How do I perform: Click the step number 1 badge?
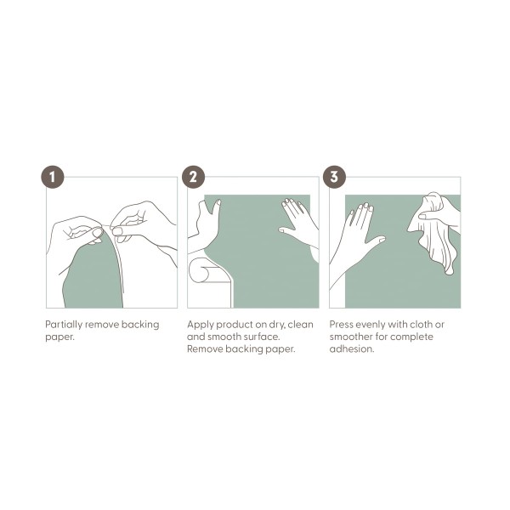(53, 177)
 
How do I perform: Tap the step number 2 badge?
(193, 177)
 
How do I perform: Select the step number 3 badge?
(334, 177)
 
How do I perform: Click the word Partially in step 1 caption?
(64, 325)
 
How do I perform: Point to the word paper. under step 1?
(59, 337)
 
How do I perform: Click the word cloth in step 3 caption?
(422, 325)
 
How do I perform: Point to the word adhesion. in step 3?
(352, 349)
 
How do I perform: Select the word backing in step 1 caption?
(140, 325)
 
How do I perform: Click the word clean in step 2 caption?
(301, 325)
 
